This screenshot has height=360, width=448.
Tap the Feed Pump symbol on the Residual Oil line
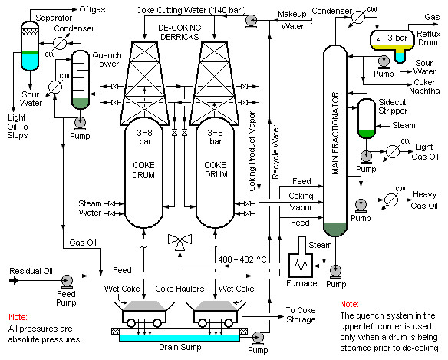tap(68, 281)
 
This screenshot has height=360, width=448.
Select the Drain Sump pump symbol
tap(258, 339)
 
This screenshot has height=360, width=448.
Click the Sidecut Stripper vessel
tap(367, 118)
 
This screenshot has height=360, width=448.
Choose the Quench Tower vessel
tap(81, 80)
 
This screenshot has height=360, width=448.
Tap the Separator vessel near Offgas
tap(30, 46)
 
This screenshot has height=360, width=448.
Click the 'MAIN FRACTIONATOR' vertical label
tap(335, 134)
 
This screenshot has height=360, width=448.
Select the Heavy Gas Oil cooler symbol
tap(391, 200)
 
